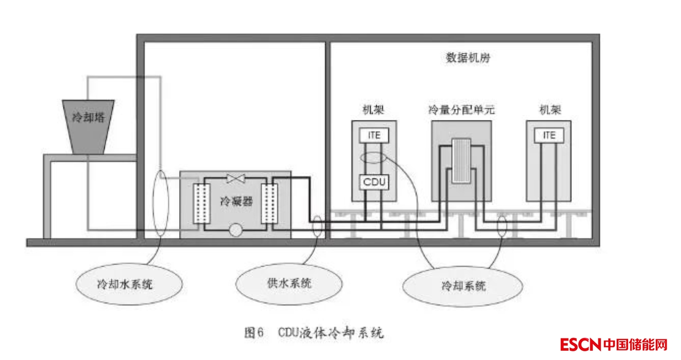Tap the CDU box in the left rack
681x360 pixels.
pos(374,182)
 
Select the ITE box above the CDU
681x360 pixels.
pos(374,135)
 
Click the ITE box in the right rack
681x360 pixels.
pos(549,135)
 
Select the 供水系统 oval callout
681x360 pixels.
pos(288,283)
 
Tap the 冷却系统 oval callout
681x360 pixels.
pos(463,286)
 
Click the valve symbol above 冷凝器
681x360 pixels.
pos(235,178)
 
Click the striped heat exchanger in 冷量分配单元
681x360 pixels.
pos(462,161)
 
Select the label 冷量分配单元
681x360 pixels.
pos(462,110)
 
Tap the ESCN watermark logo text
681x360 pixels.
pos(580,345)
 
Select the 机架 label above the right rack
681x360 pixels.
pos(549,110)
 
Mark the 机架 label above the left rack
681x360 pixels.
pos(373,110)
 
